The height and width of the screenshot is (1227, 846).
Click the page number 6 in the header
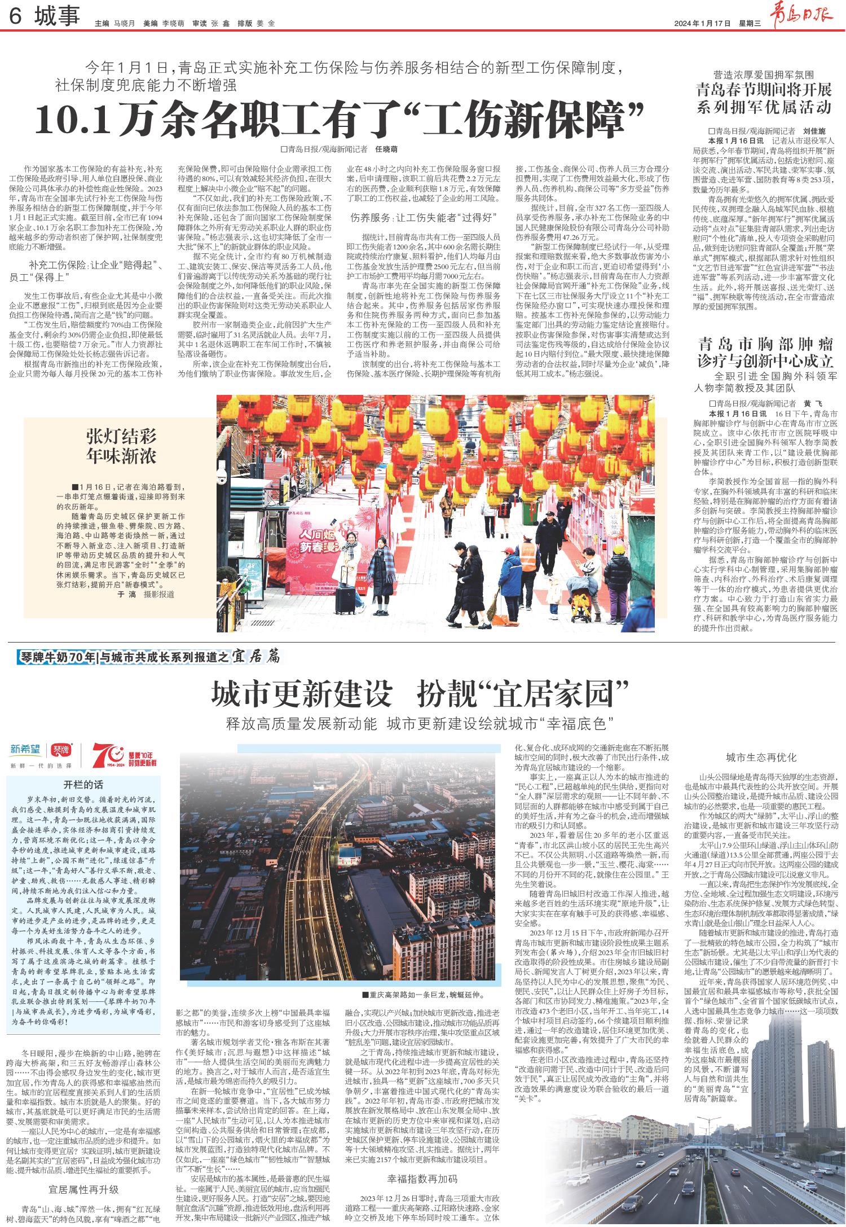15,18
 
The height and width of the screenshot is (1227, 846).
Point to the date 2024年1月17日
702,24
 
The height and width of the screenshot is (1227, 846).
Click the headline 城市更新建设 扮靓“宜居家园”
420,693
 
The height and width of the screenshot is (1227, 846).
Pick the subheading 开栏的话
83,785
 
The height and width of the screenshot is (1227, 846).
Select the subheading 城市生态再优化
761,758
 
